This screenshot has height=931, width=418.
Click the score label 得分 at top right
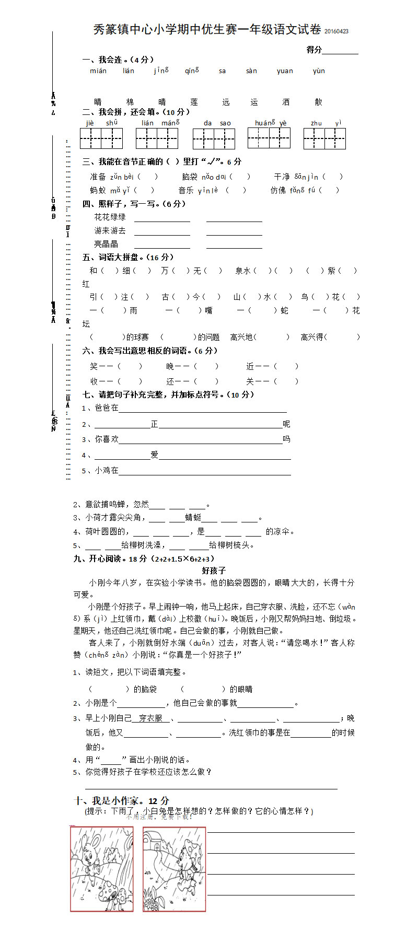314,50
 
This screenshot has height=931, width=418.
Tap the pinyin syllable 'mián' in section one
98,71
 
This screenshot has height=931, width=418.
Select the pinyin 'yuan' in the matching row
285,71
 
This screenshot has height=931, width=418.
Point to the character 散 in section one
318,102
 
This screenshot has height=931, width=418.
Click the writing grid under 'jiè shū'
101,138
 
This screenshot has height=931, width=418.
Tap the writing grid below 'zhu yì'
324,138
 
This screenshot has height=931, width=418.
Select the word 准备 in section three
98,177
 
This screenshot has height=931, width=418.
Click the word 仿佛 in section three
278,190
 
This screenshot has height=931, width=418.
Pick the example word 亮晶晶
106,244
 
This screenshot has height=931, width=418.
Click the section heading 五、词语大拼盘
127,257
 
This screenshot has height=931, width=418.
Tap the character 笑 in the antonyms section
94,366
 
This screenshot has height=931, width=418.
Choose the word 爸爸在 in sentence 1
107,408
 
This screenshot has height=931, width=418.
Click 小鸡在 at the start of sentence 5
107,470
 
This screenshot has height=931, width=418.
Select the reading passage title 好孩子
214,571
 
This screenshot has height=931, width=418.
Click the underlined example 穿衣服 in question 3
150,718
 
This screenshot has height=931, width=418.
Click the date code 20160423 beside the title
336,31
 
